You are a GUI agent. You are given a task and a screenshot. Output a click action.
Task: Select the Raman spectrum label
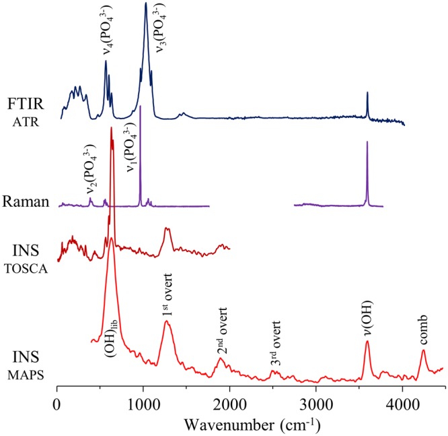click(24, 201)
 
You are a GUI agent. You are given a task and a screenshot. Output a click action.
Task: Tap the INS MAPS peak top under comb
click(423, 350)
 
